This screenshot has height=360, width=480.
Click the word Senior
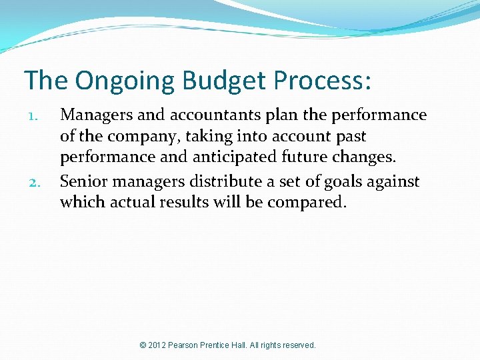pyautogui.click(x=82, y=181)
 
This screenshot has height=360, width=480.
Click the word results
pyautogui.click(x=186, y=203)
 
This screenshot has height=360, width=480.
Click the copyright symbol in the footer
pyautogui.click(x=143, y=345)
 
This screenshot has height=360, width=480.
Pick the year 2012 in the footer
pyautogui.click(x=158, y=345)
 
